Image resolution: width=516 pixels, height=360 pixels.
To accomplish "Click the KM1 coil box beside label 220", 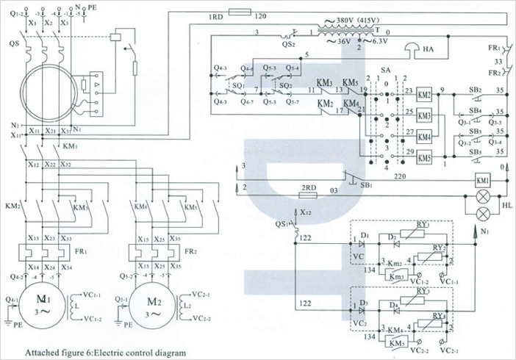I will [483, 180].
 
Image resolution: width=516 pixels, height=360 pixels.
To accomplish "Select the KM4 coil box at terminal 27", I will [424, 137].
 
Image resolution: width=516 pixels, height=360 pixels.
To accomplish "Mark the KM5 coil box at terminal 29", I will [424, 157].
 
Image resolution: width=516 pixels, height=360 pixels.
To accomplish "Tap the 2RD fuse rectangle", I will [309, 197].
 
